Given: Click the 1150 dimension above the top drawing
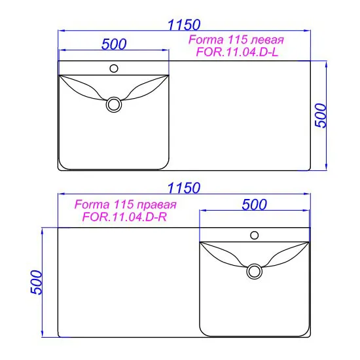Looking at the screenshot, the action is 184,25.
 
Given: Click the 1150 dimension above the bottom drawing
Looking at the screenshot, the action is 184,188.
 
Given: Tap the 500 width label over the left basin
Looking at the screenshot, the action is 114,44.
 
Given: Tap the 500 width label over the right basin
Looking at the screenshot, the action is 255,204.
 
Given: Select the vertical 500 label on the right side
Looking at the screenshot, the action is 321,115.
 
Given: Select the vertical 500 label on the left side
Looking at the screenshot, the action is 36,282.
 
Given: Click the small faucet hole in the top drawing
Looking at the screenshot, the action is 114,69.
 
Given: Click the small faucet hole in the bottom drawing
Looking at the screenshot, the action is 255,236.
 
